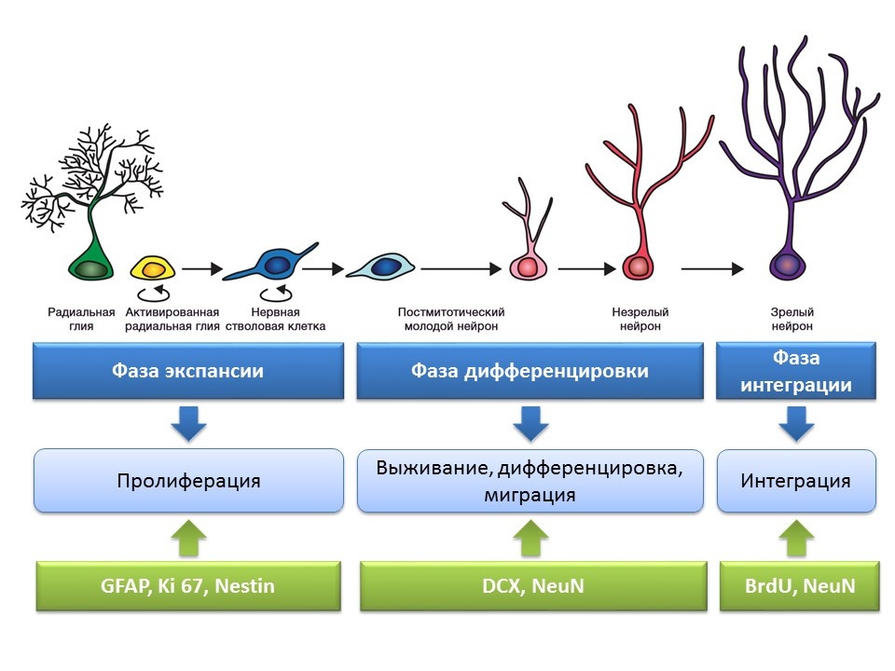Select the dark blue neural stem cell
click(x=276, y=267)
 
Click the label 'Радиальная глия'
click(x=82, y=320)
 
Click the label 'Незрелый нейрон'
click(x=640, y=320)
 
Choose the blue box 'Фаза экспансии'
click(x=187, y=371)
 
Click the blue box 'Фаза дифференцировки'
click(x=530, y=371)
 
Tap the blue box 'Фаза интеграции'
click(x=796, y=371)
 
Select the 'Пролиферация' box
click(x=188, y=481)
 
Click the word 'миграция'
click(x=530, y=495)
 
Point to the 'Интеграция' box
click(x=796, y=481)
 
